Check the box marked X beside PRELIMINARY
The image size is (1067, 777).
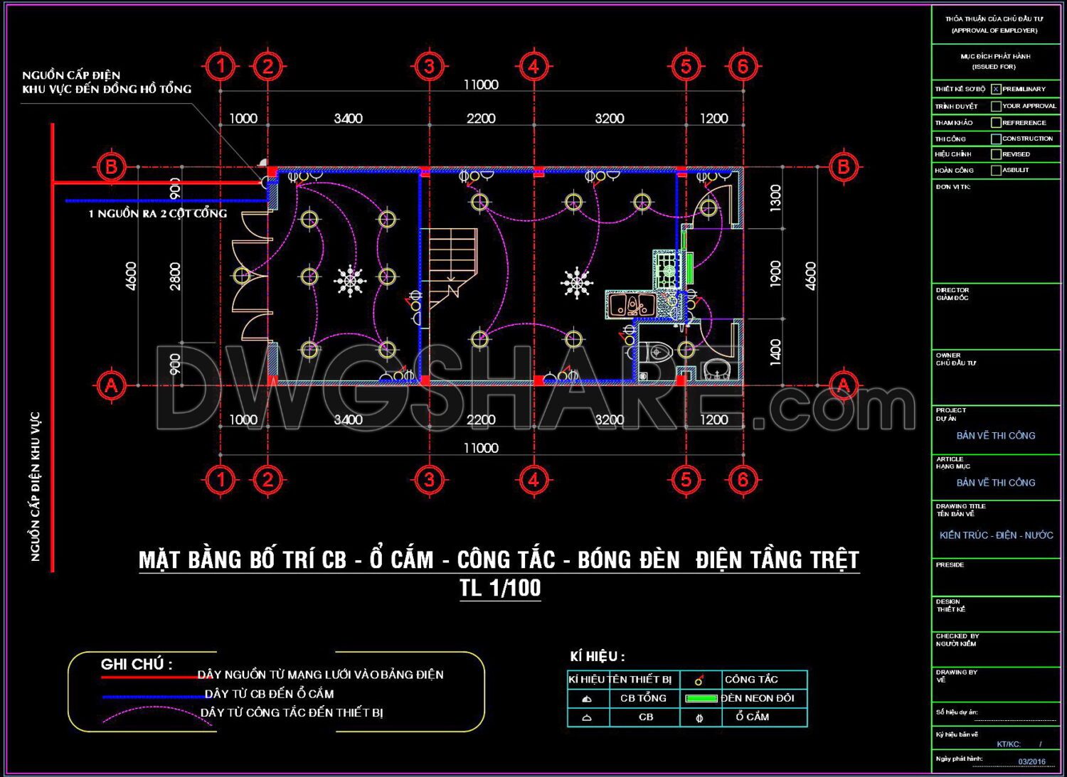coord(996,89)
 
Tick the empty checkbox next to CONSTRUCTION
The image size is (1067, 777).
coord(996,139)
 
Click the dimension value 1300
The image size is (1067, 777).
coord(775,198)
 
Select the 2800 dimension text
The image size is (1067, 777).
coord(175,276)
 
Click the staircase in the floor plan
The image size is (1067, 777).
coord(452,263)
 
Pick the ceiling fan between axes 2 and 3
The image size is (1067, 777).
coord(349,282)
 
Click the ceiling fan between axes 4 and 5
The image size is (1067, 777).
coord(576,282)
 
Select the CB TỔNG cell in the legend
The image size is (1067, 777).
coord(643,698)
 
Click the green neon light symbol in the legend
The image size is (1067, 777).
coord(701,698)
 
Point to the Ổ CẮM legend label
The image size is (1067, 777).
coord(752,717)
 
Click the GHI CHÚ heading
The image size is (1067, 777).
coord(137,664)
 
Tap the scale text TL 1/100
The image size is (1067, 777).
coord(500,588)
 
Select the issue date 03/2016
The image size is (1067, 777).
coord(1031,761)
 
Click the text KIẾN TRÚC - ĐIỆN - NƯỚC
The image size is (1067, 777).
coord(996,535)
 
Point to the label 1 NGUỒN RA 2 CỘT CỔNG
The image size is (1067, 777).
coord(157,213)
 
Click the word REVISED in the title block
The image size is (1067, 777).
coord(1016,154)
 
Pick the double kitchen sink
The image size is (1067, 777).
coord(630,305)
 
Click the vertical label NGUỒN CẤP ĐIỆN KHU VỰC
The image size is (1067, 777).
coord(36,486)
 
